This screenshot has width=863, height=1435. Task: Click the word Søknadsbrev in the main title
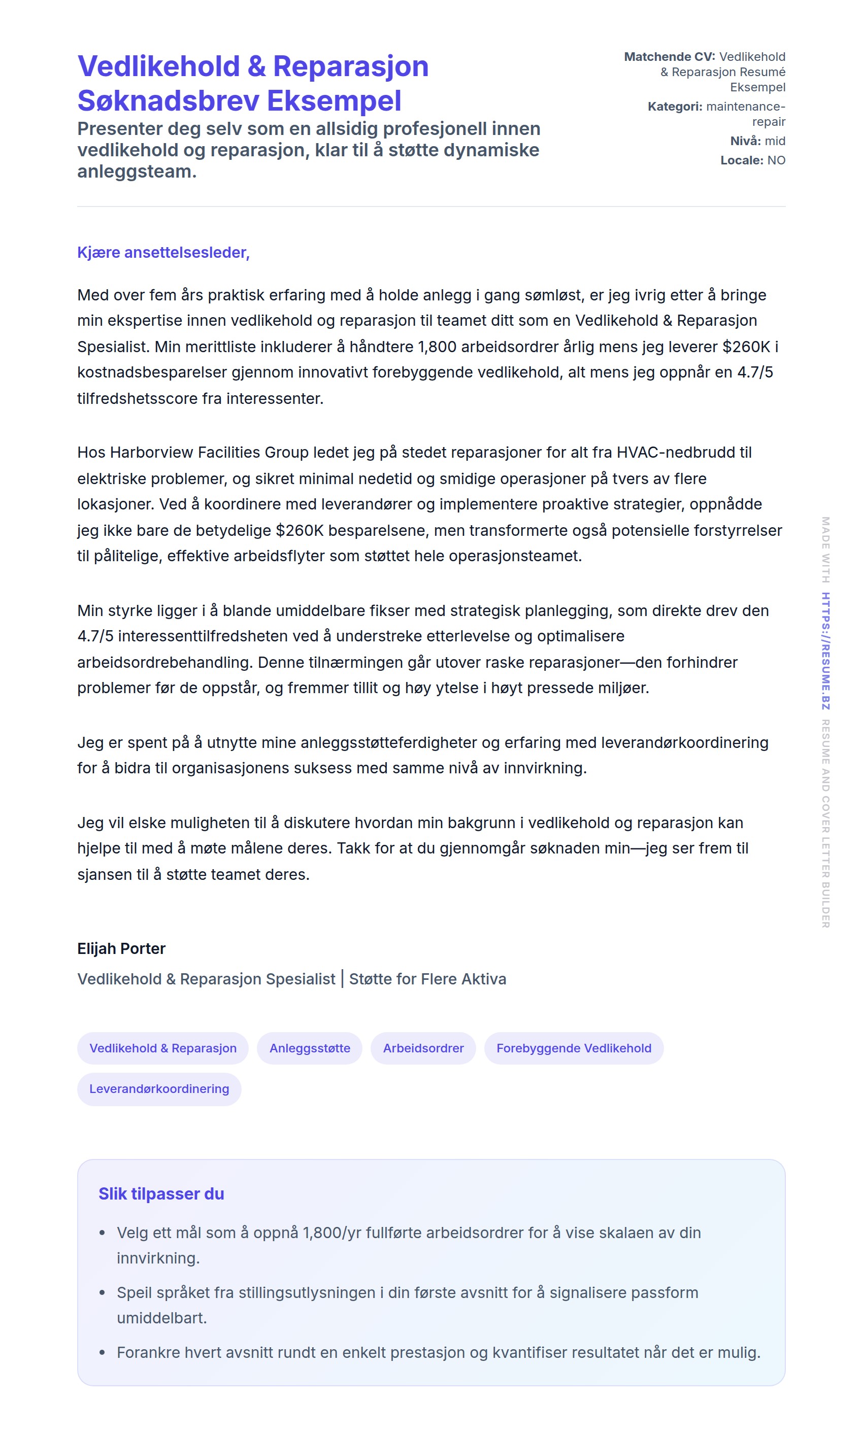point(168,101)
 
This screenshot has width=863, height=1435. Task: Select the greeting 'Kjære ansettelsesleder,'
point(163,252)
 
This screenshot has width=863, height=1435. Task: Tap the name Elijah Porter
point(121,948)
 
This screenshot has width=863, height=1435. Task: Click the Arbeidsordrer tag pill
point(423,1048)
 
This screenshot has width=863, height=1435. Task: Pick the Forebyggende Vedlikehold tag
point(574,1048)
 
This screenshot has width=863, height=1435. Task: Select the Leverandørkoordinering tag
point(159,1088)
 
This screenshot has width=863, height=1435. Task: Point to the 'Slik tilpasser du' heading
point(161,1194)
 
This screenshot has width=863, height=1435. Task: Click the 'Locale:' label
point(742,160)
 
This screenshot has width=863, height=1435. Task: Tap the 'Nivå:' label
point(745,141)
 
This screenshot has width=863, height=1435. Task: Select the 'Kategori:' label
point(675,107)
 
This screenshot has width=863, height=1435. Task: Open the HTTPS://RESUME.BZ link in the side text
point(825,651)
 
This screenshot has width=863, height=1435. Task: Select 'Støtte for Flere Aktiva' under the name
point(427,979)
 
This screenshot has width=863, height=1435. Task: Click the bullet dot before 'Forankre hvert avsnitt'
point(103,1352)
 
